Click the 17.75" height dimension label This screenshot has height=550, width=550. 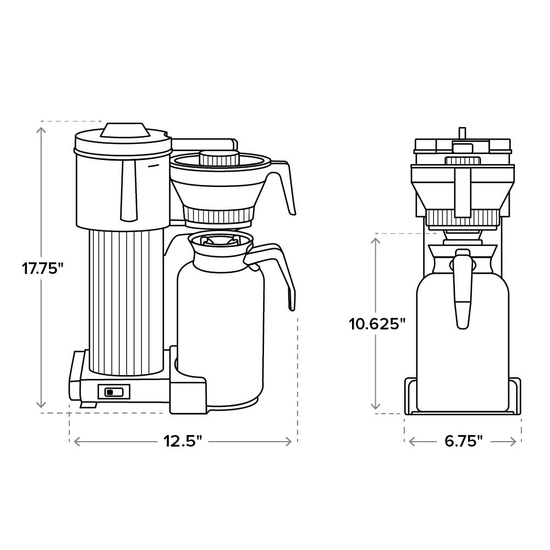pyautogui.click(x=43, y=269)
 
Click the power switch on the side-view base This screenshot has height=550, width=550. pyautogui.click(x=114, y=392)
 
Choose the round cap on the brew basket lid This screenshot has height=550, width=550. pyautogui.click(x=218, y=157)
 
